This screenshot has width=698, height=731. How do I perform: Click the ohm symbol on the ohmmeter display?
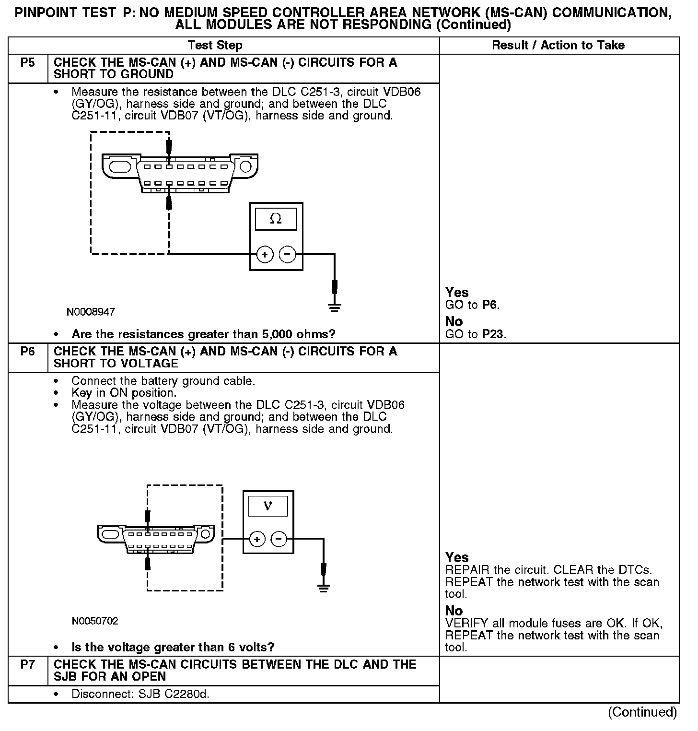276,219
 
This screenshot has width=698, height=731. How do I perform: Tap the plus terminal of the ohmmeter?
265,254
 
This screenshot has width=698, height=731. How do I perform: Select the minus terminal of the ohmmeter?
287,254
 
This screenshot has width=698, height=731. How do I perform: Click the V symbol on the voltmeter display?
268,506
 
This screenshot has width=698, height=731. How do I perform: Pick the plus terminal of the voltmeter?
257,540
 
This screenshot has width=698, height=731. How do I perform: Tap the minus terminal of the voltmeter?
279,540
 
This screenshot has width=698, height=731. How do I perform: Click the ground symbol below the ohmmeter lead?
335,307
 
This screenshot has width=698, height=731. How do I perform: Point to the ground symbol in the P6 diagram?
324,588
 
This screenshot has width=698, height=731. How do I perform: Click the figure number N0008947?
91,312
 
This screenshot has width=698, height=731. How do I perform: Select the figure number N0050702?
95,621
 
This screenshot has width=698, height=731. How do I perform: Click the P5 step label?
28,63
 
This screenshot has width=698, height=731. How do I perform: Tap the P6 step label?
28,352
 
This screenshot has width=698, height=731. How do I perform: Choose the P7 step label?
28,665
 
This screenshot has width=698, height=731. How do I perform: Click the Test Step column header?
215,46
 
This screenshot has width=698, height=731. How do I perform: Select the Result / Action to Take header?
558,46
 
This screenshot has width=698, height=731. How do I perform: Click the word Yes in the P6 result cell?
457,557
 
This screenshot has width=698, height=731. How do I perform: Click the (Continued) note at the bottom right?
642,712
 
